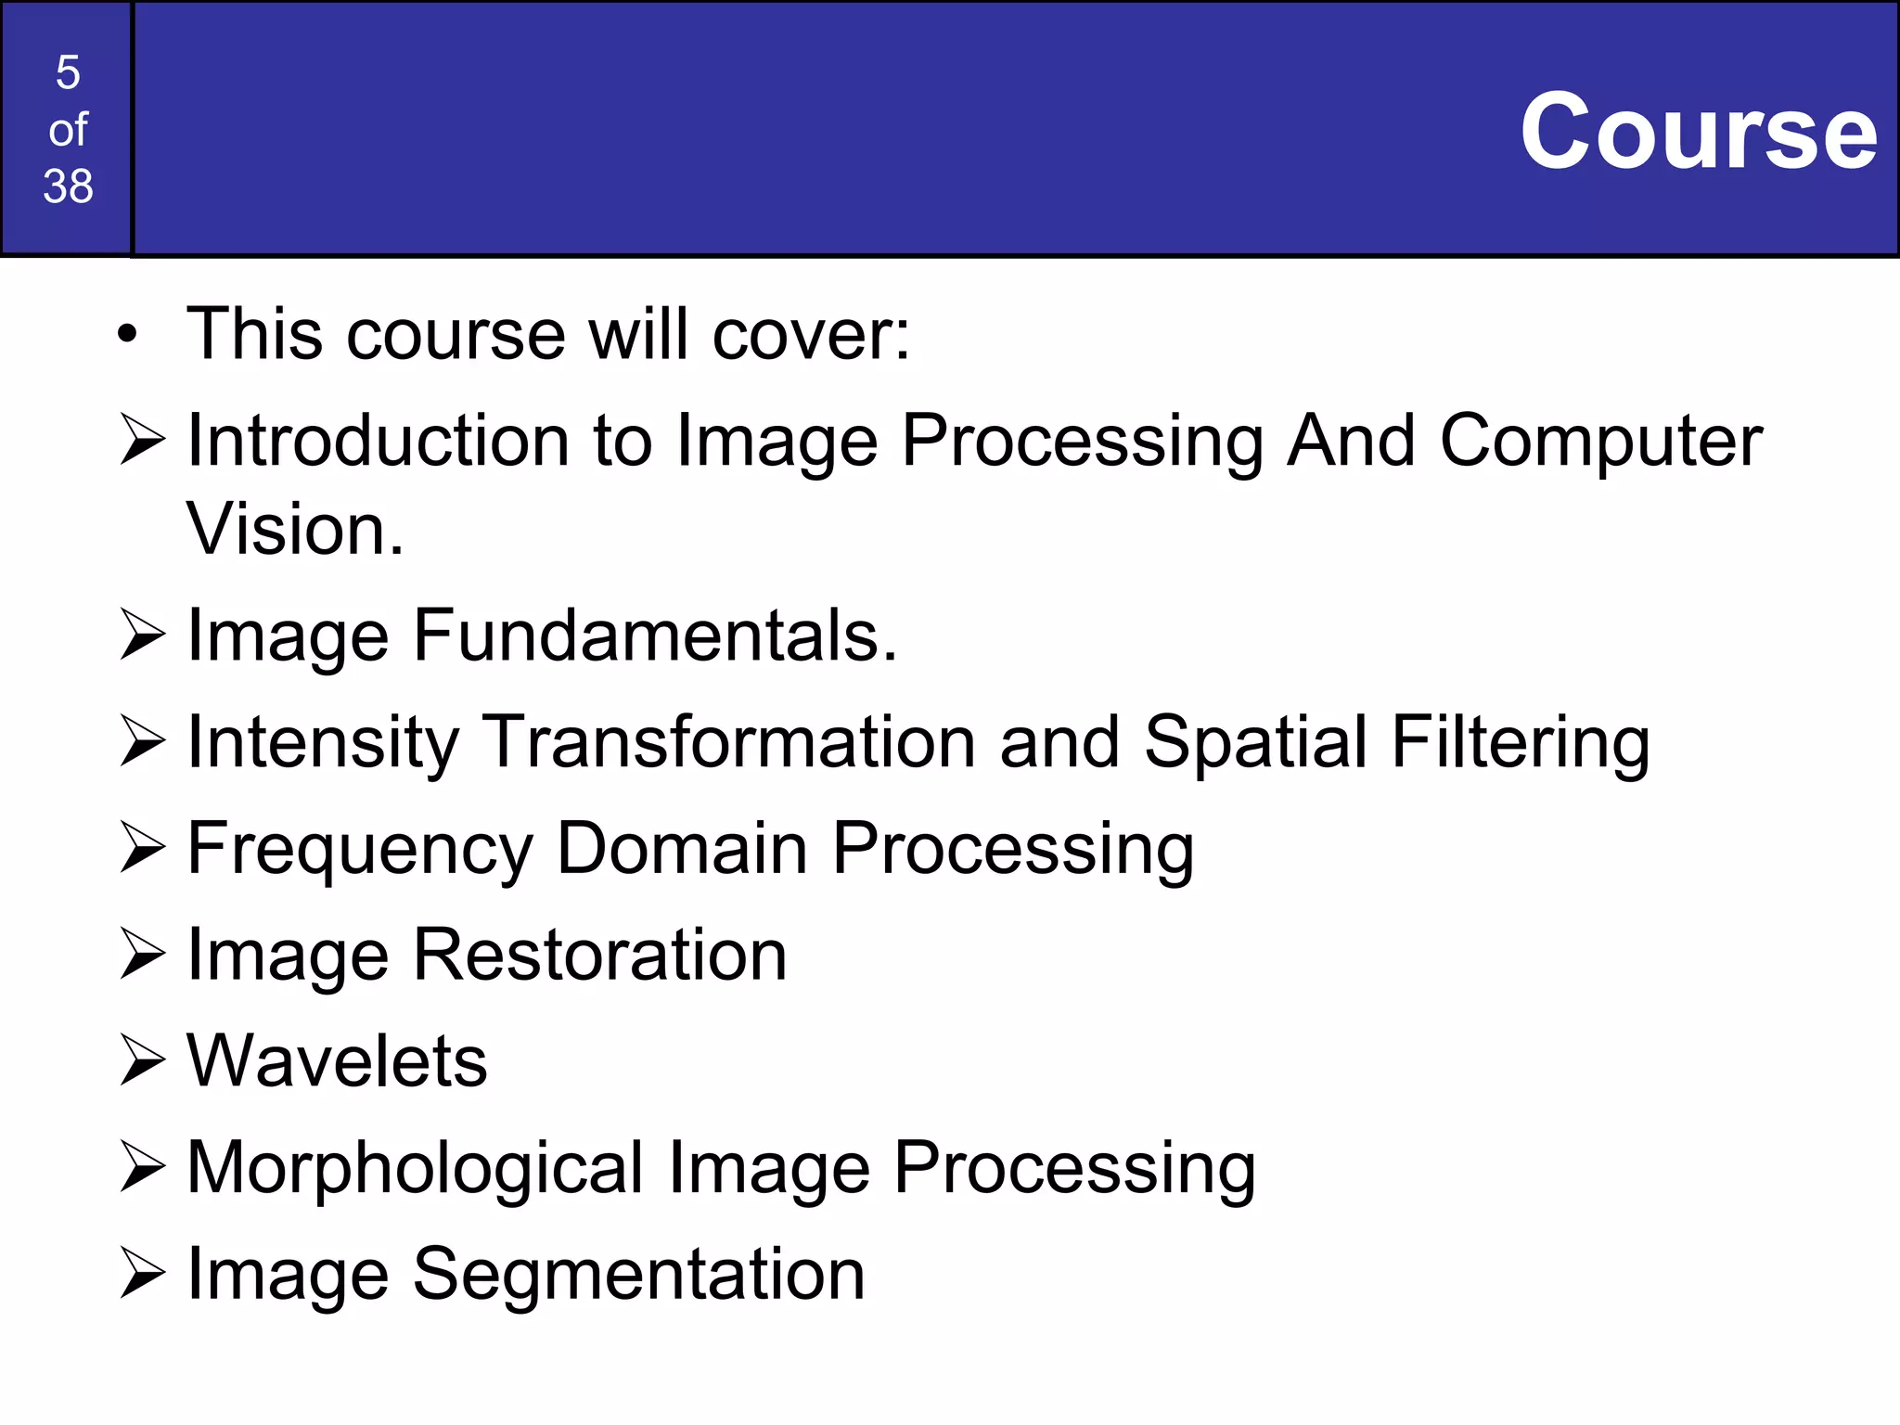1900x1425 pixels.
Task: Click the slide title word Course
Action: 1699,132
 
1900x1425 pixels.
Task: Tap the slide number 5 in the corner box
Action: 68,72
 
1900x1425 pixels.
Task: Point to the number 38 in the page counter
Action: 68,186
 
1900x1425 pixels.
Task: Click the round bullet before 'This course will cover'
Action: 128,334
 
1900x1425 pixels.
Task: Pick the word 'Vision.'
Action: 295,529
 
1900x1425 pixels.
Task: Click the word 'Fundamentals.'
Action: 655,635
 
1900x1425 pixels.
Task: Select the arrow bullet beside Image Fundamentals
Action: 142,635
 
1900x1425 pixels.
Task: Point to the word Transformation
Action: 730,742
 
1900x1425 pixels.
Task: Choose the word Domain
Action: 682,848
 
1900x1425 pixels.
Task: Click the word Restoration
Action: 600,955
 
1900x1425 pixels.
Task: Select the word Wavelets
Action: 337,1060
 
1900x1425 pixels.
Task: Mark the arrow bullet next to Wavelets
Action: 142,1060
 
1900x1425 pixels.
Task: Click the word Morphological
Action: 415,1169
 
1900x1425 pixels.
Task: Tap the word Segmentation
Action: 638,1275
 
